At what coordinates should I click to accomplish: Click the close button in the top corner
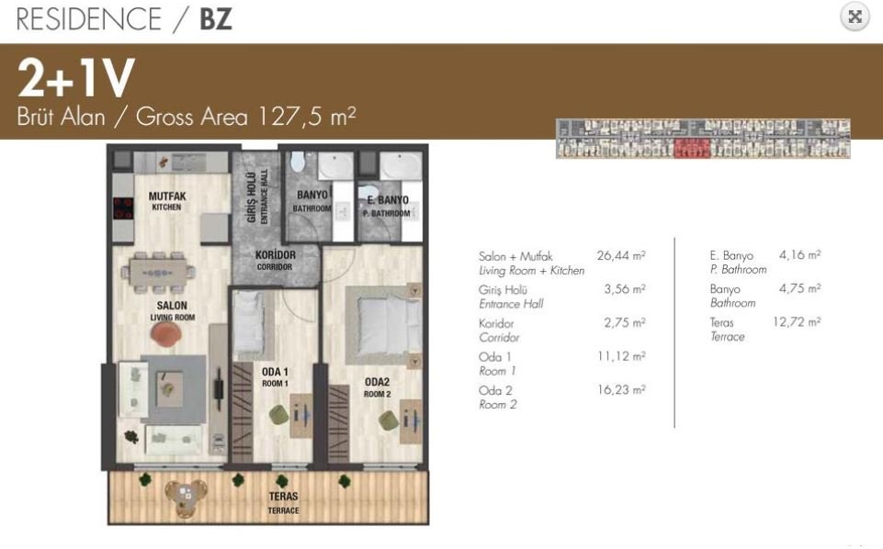coord(855,17)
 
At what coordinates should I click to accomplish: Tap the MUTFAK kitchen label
coord(166,201)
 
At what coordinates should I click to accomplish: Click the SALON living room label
coord(172,310)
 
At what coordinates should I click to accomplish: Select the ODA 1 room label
coord(275,377)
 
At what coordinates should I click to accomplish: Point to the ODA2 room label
coord(377,387)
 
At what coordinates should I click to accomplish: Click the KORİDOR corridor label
coord(275,260)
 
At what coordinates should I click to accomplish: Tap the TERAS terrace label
coord(283,502)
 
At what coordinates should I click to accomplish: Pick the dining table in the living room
coord(158,274)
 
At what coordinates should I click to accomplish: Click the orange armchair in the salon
coord(166,334)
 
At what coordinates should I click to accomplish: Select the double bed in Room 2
coord(383,326)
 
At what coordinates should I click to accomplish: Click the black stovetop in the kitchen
coord(123,207)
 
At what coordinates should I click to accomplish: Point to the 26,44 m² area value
coord(621,255)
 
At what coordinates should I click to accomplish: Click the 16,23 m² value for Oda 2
coord(621,389)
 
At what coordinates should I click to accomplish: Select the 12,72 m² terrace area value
coord(797,321)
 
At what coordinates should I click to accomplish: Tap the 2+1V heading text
coord(76,78)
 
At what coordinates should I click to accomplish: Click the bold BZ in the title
coord(216,18)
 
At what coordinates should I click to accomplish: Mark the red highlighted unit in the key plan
coord(691,148)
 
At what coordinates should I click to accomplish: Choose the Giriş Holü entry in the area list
coord(503,290)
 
